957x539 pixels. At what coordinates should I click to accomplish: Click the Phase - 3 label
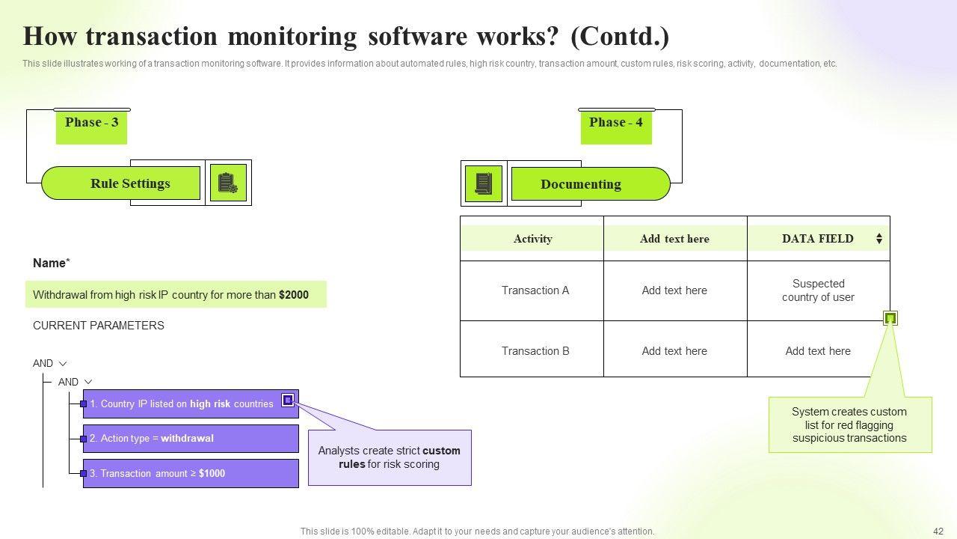tap(91, 124)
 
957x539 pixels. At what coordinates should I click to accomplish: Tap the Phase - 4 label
tap(616, 124)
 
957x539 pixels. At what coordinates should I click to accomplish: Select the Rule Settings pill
tap(130, 183)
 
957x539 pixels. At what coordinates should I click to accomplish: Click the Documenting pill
tap(581, 184)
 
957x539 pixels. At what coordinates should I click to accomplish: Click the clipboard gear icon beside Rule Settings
tap(228, 183)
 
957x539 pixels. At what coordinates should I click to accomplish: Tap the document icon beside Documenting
tap(484, 183)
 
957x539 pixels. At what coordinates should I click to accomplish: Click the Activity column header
tap(532, 239)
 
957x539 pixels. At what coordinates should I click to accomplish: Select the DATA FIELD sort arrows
tap(879, 239)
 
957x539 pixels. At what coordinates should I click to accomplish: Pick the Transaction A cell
tap(535, 290)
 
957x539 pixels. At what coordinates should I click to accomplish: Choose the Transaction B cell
tap(535, 351)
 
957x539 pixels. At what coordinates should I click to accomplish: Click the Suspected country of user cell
tap(818, 290)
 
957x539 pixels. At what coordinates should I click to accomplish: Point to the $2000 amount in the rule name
tap(294, 295)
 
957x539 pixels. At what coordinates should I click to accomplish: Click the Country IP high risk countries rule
tap(182, 404)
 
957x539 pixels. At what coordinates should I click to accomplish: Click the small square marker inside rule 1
tap(288, 401)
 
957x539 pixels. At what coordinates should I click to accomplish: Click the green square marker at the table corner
tap(890, 318)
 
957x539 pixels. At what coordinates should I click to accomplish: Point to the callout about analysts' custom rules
tap(390, 457)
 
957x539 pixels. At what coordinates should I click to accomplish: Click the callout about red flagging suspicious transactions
tap(849, 424)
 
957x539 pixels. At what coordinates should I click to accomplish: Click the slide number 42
tap(938, 532)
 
